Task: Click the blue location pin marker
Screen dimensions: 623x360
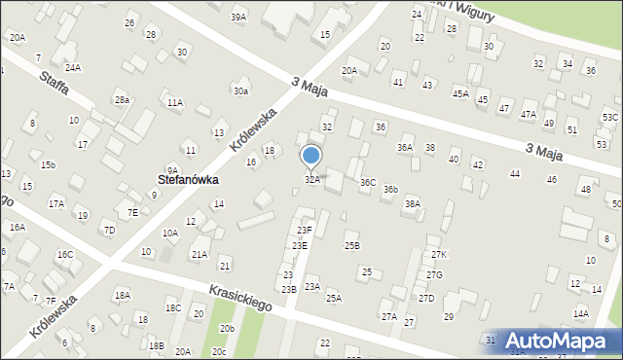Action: [311, 157]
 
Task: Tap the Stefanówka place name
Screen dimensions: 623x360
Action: [188, 180]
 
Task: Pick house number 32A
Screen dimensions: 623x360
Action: [311, 180]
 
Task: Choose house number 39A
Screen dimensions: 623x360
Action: [238, 18]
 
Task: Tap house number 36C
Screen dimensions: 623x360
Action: [368, 182]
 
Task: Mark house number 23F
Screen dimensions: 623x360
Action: [305, 230]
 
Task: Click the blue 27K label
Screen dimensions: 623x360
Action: [439, 254]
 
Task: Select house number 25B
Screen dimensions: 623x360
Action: [351, 246]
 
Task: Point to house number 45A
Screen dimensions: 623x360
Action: [460, 94]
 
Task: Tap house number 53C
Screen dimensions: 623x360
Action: [609, 117]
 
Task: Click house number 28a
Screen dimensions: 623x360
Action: [122, 100]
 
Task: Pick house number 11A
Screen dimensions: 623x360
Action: [174, 102]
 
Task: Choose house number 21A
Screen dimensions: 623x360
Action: [200, 254]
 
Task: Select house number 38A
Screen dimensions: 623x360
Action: [413, 203]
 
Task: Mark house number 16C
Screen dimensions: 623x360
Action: [64, 255]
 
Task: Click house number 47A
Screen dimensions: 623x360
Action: [529, 114]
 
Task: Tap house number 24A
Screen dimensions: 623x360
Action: [73, 67]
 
